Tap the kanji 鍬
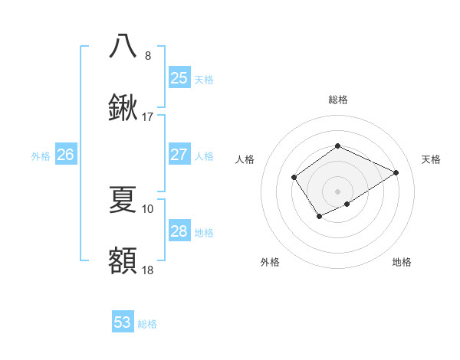pyautogui.click(x=123, y=108)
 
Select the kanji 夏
pyautogui.click(x=123, y=199)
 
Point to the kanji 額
pyautogui.click(x=123, y=260)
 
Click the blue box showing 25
pyautogui.click(x=179, y=77)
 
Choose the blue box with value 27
pyautogui.click(x=179, y=155)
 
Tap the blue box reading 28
pyautogui.click(x=179, y=231)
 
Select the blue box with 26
pyautogui.click(x=65, y=155)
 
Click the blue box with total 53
pyautogui.click(x=123, y=322)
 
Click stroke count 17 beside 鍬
pyautogui.click(x=148, y=117)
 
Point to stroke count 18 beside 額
pyautogui.click(x=148, y=270)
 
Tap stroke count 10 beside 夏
pyautogui.click(x=148, y=208)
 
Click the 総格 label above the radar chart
pyautogui.click(x=337, y=100)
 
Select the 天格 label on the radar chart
pyautogui.click(x=431, y=159)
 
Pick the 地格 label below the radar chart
pyautogui.click(x=402, y=262)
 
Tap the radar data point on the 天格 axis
pyautogui.click(x=396, y=172)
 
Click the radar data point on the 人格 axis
pyautogui.click(x=294, y=178)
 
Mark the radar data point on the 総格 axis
pyautogui.click(x=337, y=146)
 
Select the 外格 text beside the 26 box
pyautogui.click(x=41, y=155)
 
